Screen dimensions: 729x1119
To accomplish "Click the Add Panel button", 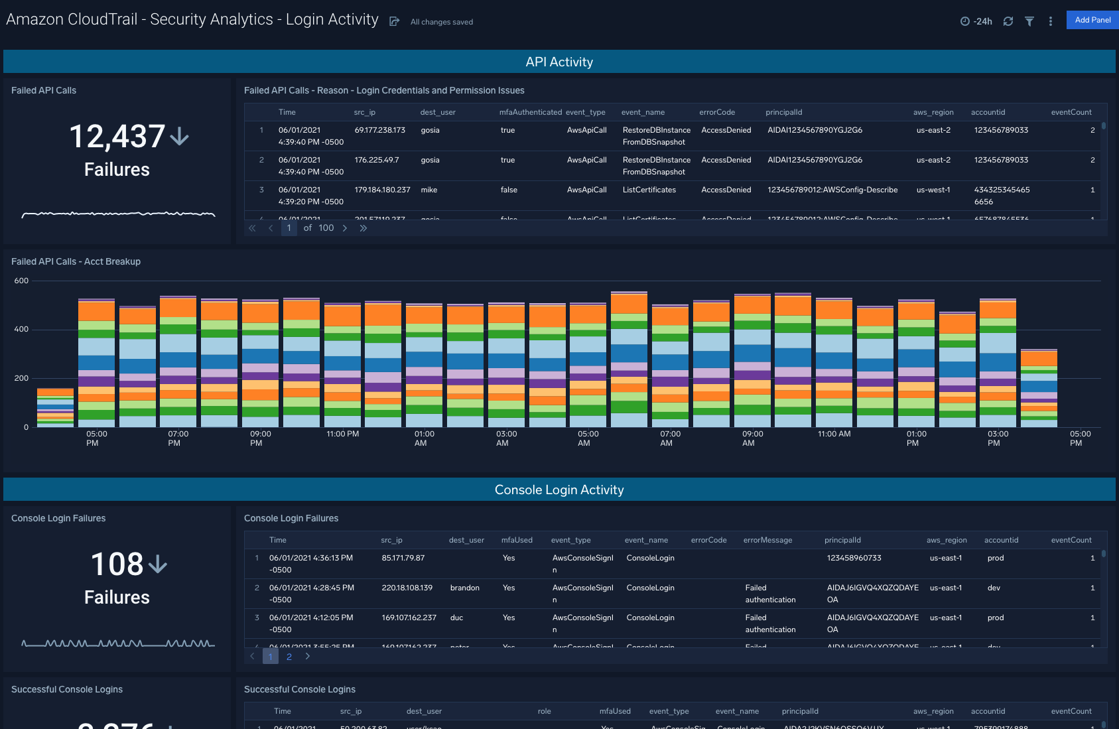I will (1092, 20).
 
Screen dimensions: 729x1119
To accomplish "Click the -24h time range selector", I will (976, 21).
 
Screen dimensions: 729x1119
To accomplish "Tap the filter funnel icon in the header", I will (1029, 21).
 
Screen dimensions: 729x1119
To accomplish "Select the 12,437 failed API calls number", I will (117, 137).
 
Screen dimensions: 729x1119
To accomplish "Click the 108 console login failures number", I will (117, 564).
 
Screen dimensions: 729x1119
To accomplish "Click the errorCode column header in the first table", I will (716, 112).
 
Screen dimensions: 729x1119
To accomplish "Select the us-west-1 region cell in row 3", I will (933, 190).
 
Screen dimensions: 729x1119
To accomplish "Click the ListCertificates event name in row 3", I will (649, 190).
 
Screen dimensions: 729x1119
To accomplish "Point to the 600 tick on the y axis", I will (21, 281).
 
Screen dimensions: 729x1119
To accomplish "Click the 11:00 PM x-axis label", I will (342, 434).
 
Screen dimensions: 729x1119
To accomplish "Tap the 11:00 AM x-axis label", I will (834, 434).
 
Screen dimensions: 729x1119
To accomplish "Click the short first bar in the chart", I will (55, 408).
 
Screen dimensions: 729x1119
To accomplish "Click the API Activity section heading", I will (559, 62).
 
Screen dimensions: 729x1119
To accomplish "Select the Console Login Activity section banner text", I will (559, 490).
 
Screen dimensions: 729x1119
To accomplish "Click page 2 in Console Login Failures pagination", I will (289, 657).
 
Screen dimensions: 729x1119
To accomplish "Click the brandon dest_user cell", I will (464, 588).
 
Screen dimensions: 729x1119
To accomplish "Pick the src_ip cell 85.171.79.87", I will (403, 558).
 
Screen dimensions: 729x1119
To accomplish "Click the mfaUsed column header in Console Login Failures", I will (517, 540).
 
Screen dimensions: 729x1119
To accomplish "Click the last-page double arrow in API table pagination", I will (363, 228).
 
